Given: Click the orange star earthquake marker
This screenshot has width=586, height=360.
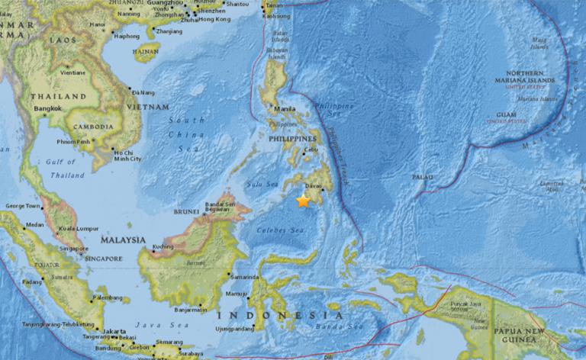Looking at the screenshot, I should (304, 201).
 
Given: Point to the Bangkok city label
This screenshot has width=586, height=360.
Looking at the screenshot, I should (47, 109).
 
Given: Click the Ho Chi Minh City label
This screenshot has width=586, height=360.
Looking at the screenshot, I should (127, 155).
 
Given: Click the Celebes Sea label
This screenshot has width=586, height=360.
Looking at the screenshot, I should (279, 230).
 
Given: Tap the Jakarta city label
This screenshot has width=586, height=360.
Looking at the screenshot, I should (116, 331).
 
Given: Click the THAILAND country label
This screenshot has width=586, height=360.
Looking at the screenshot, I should (58, 97).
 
